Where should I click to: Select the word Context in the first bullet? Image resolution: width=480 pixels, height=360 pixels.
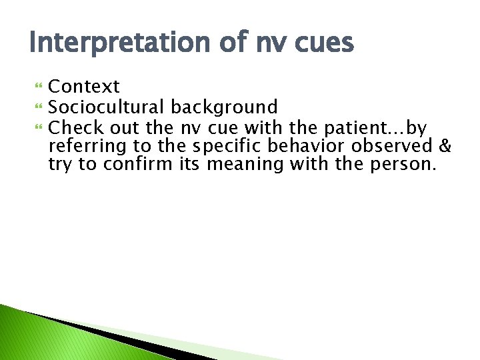coord(85,87)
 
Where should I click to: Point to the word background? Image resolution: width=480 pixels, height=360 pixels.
coord(225,107)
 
